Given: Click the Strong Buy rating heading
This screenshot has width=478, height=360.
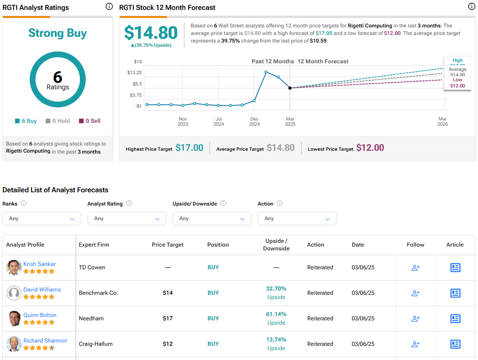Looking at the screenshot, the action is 58,33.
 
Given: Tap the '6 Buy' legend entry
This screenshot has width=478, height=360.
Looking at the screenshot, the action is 26,121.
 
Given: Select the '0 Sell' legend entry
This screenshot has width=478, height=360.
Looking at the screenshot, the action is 90,121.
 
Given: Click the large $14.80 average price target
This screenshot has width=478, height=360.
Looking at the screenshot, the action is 151,33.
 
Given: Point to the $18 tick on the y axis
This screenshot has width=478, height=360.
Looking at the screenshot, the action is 138,61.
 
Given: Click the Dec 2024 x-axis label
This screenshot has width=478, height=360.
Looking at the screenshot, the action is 254,121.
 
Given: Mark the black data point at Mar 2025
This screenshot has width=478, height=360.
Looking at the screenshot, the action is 290,88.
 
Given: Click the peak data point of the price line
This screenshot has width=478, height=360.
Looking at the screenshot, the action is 266,72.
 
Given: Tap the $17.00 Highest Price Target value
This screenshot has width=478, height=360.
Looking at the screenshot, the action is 189,148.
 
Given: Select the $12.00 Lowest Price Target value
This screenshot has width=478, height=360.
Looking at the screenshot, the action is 370,148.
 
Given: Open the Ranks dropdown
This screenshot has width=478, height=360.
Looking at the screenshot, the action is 42,218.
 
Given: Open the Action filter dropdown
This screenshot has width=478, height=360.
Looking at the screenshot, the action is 297,218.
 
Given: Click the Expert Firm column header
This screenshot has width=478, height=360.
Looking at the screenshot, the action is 94,245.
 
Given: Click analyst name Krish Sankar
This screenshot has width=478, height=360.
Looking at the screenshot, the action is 40,264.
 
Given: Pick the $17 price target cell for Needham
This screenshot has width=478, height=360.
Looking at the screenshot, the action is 168,318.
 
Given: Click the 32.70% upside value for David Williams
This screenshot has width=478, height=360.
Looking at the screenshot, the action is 276,289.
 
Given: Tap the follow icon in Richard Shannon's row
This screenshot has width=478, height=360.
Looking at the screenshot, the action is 416,344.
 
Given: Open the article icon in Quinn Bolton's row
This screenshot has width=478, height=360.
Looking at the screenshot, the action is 455,318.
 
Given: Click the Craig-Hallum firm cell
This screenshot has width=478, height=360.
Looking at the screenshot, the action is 96,344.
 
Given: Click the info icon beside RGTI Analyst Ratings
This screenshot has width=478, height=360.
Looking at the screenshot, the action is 109,7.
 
